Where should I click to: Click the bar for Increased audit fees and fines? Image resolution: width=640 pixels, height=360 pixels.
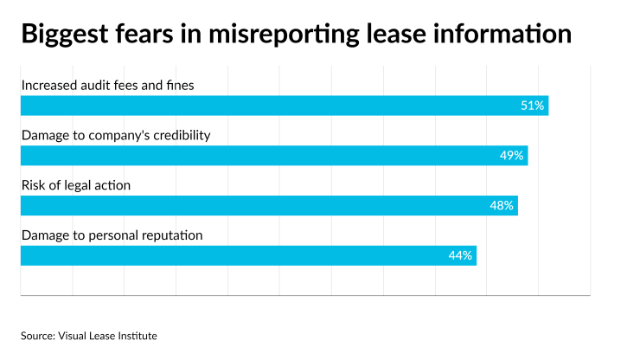click(x=285, y=106)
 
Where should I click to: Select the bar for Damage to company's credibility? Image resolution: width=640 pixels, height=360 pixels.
click(x=274, y=156)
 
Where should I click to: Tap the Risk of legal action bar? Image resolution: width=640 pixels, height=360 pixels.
click(x=269, y=206)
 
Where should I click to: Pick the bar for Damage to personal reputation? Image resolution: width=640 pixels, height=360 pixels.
click(x=248, y=255)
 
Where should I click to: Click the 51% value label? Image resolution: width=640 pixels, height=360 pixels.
click(x=532, y=106)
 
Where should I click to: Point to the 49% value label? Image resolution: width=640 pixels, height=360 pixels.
click(x=511, y=156)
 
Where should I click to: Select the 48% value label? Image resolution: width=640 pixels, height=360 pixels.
click(x=502, y=206)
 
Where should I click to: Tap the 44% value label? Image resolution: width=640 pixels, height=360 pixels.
click(x=460, y=255)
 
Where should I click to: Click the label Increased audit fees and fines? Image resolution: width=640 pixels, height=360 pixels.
click(x=108, y=85)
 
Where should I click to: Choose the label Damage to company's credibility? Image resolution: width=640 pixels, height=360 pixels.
click(x=116, y=135)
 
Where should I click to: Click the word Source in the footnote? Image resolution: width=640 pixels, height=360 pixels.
click(x=37, y=334)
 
